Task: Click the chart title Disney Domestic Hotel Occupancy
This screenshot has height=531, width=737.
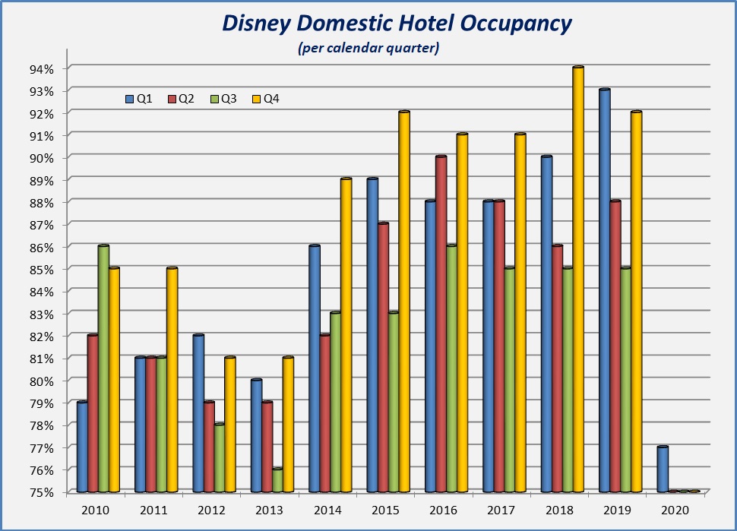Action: (396, 24)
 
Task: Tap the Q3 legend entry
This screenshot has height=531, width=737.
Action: (223, 99)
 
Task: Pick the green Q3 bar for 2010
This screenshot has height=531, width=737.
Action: (103, 369)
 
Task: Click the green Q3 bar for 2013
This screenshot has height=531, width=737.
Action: (277, 480)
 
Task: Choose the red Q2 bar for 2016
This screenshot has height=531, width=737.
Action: (441, 324)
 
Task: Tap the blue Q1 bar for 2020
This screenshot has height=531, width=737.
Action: (663, 469)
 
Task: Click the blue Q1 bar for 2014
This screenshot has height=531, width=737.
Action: (315, 369)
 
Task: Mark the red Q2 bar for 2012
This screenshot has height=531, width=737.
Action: (209, 447)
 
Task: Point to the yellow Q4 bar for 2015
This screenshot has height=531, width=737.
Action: (404, 302)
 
